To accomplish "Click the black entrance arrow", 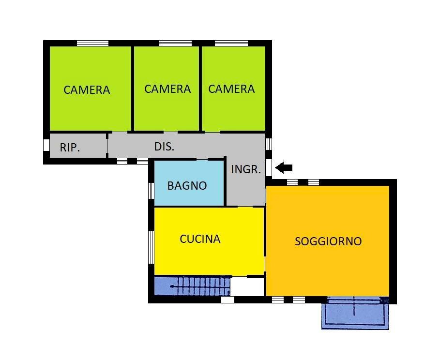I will pos(284,168).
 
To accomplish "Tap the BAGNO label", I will pos(187,185).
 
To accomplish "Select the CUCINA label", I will pos(200,239).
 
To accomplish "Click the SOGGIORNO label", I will pos(328,241).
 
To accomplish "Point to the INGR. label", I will pos(246,169).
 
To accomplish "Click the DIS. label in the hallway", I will pos(165,147).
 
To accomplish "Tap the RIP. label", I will pos(70,148).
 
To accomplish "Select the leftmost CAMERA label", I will pos(87,90).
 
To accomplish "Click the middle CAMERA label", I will pos(167,89).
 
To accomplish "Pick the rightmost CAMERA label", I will pos(231,89).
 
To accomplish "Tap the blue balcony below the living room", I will pos(355,313).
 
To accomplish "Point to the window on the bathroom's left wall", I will pos(151,191).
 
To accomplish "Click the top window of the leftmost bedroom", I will pos(92,43).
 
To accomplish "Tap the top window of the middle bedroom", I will pos(175,43).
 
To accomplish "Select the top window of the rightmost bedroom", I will pos(231,43).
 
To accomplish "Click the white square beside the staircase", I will pos(247,286).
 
